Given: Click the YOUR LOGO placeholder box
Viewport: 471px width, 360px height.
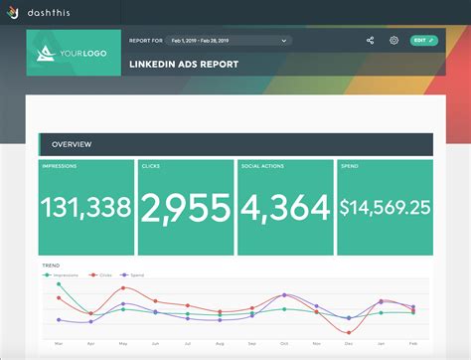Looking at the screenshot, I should pyautogui.click(x=75, y=54).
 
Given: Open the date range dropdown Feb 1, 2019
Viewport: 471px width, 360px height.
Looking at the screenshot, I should pyautogui.click(x=228, y=41).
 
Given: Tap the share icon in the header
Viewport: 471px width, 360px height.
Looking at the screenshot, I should pyautogui.click(x=370, y=41).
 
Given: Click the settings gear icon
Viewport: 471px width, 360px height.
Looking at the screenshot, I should pyautogui.click(x=394, y=41).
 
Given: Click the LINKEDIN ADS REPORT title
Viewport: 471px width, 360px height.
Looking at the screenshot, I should pyautogui.click(x=183, y=65).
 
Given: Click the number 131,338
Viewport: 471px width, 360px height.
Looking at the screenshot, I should pyautogui.click(x=86, y=207).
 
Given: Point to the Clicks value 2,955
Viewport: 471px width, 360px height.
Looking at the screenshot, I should pyautogui.click(x=186, y=207).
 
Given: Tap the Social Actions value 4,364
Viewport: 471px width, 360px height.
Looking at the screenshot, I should pyautogui.click(x=285, y=207).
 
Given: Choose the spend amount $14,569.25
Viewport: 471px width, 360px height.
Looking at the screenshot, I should pyautogui.click(x=385, y=207).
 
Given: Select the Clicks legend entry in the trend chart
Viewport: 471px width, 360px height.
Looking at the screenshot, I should pyautogui.click(x=103, y=274).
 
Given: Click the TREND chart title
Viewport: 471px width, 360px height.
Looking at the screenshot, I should pyautogui.click(x=51, y=266).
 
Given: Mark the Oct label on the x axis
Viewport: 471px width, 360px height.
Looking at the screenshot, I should pyautogui.click(x=284, y=342).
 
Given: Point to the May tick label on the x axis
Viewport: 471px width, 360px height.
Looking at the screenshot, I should pyautogui.click(x=122, y=342).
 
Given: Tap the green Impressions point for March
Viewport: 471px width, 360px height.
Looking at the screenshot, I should pyautogui.click(x=59, y=284).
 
